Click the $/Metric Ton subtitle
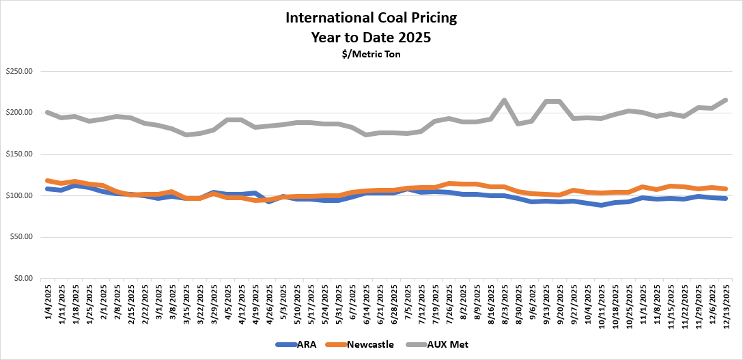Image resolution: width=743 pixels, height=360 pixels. (371, 54)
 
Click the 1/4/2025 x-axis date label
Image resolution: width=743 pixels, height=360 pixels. (47, 301)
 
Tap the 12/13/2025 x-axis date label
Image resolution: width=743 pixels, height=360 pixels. (725, 303)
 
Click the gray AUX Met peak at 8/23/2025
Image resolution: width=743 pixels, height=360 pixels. (504, 100)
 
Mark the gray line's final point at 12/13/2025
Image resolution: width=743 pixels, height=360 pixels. (725, 100)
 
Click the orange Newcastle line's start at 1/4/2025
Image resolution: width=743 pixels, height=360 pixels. (47, 180)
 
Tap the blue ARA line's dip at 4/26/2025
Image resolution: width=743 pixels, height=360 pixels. (269, 202)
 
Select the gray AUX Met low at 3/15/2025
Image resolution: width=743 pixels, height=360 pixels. (186, 135)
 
